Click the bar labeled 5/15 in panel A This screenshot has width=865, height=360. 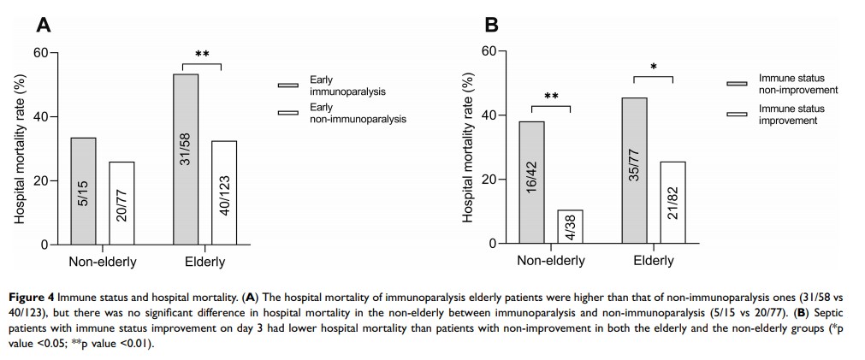(83, 191)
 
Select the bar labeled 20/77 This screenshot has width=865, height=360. (121, 203)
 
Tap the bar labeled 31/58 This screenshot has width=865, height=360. (186, 159)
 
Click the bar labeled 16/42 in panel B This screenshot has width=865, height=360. (531, 182)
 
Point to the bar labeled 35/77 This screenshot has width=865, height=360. (634, 170)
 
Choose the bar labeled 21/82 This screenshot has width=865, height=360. (673, 203)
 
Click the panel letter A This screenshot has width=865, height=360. (42, 26)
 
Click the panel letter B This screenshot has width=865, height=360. (491, 25)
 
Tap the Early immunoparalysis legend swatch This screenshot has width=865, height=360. (288, 86)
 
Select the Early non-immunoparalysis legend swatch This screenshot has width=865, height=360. (288, 113)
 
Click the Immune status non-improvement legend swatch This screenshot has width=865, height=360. (737, 84)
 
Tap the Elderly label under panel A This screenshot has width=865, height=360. (204, 261)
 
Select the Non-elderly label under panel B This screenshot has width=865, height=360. (550, 260)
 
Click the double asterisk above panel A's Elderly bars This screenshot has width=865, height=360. (203, 56)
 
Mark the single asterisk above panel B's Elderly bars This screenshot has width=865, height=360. (654, 68)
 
